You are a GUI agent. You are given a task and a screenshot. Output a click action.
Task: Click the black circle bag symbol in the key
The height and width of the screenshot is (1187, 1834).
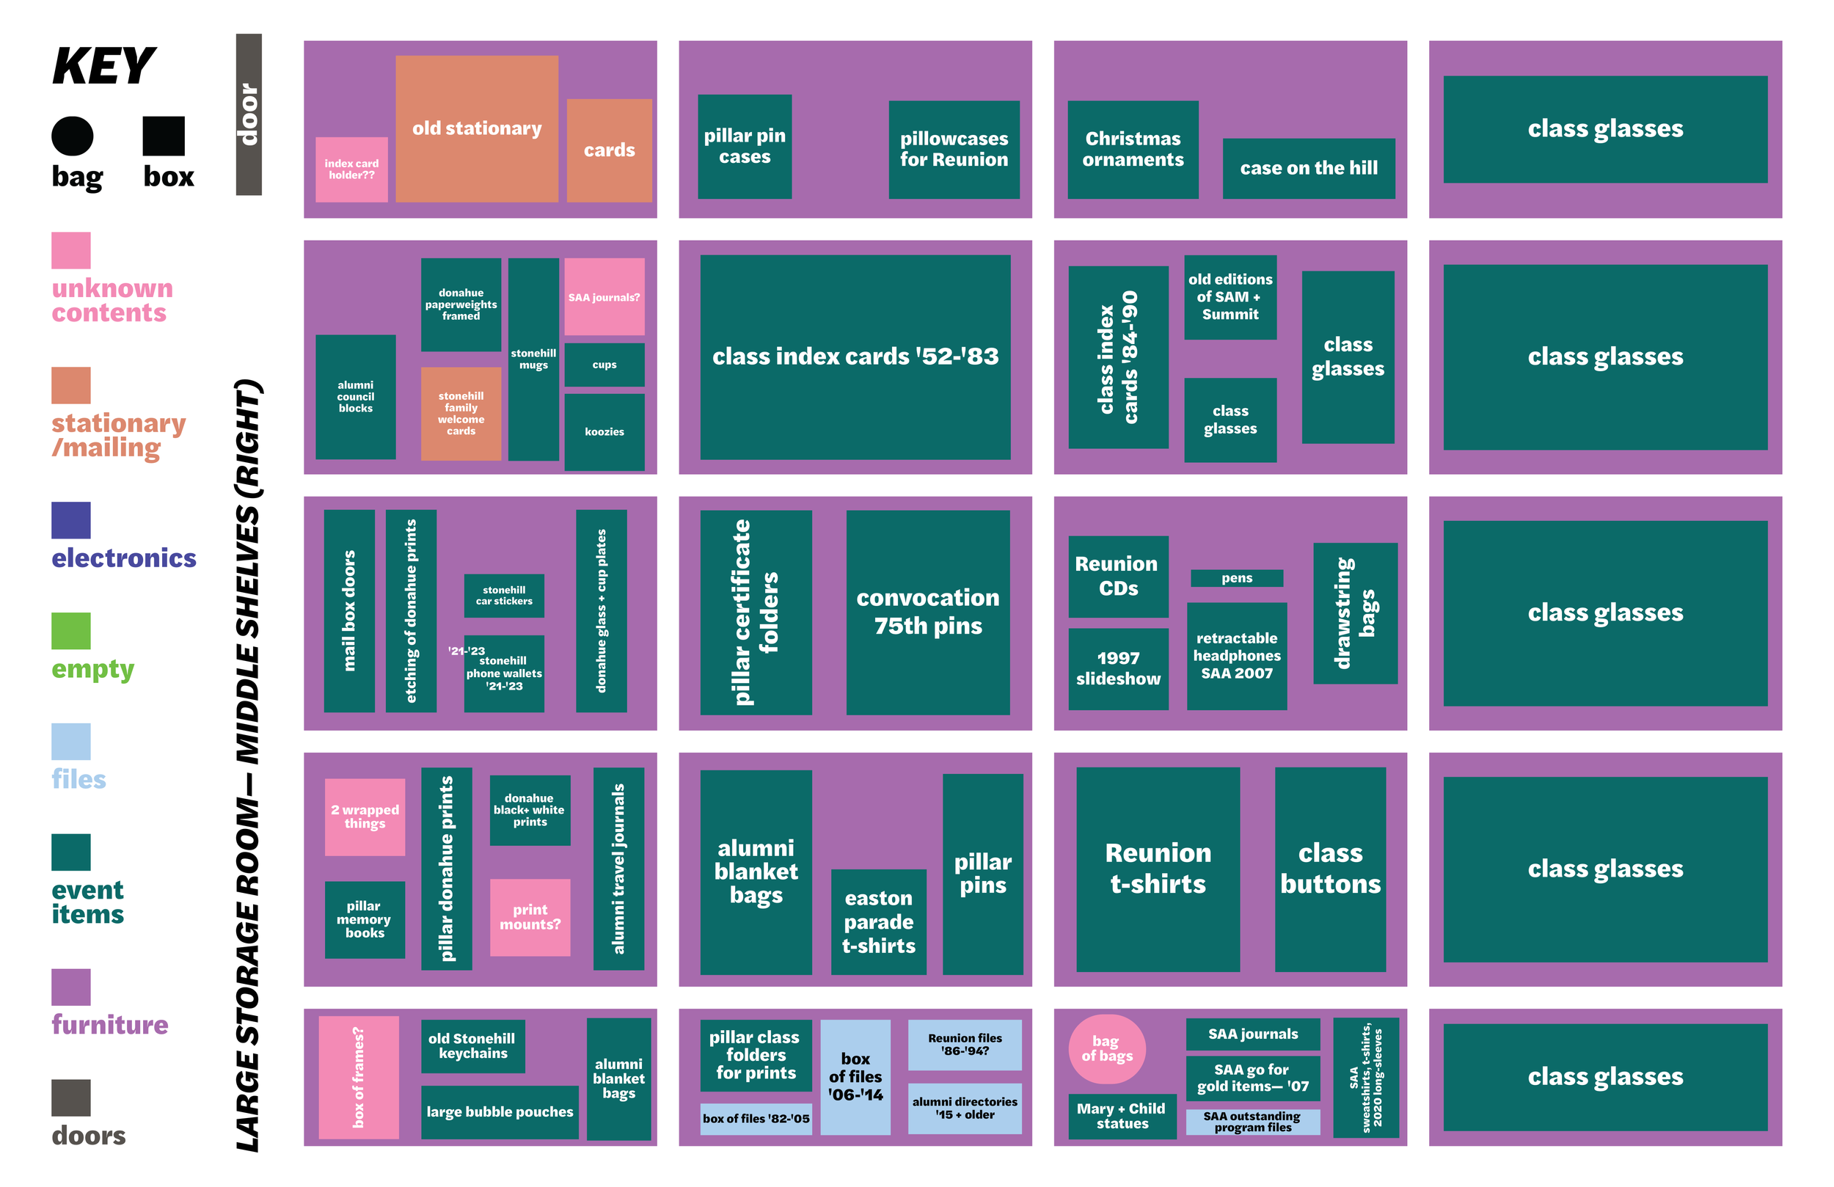click(73, 136)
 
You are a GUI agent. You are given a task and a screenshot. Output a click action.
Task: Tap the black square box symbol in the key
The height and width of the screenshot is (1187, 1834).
click(164, 136)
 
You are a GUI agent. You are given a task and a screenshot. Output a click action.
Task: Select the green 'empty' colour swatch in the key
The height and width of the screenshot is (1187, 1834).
click(71, 630)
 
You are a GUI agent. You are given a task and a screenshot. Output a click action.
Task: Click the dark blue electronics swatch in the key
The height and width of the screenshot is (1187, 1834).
click(71, 520)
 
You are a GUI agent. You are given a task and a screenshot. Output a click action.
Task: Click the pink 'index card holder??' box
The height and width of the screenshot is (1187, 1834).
click(351, 169)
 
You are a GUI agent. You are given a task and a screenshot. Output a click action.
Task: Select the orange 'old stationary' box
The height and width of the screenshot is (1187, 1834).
click(477, 128)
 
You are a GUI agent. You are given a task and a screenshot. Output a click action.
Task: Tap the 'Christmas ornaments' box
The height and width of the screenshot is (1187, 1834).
click(1133, 150)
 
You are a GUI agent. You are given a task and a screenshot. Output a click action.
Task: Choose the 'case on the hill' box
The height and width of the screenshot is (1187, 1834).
click(1309, 168)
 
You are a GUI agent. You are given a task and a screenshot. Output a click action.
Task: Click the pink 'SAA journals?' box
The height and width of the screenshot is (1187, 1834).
click(604, 296)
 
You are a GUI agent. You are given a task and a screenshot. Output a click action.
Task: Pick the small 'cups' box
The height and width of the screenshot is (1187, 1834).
click(604, 365)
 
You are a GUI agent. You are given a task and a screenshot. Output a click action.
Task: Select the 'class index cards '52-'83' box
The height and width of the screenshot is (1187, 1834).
click(855, 357)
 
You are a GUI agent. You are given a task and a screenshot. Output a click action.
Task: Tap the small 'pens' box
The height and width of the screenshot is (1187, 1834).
click(1237, 578)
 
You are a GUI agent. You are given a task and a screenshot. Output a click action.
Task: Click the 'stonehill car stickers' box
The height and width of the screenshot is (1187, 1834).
click(504, 595)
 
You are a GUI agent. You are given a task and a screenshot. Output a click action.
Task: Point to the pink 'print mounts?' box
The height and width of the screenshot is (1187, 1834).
click(530, 917)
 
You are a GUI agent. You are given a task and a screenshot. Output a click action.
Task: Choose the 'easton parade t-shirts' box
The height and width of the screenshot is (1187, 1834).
click(878, 922)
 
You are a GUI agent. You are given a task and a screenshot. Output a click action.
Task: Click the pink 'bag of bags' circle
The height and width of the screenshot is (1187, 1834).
click(1106, 1049)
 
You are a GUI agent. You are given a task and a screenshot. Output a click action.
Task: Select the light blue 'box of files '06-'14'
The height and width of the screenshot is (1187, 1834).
click(855, 1077)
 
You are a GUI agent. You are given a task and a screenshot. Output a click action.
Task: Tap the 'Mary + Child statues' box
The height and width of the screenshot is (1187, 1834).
click(1122, 1116)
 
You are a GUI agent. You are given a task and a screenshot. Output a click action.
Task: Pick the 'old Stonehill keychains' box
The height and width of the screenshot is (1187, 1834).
click(473, 1046)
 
